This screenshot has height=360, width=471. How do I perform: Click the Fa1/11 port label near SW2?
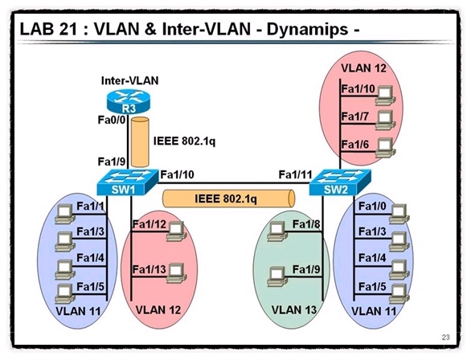coord(295,174)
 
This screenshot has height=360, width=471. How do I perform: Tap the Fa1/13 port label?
coord(149,269)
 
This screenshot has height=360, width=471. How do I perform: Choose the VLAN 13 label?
coord(294,310)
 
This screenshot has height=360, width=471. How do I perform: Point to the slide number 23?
coord(446,336)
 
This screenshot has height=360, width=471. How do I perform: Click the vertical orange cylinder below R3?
coord(140,138)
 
